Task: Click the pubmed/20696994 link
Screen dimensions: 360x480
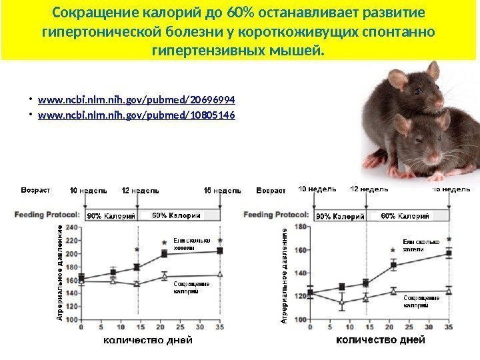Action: coord(137,100)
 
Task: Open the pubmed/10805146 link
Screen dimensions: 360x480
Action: coord(137,115)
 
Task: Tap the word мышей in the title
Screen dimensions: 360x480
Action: coord(303,51)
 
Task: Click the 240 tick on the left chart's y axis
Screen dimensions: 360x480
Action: coord(71,227)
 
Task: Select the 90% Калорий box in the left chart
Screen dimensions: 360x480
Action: coord(110,216)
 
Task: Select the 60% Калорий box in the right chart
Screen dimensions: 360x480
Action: coord(405,216)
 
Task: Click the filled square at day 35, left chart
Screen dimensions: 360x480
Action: coord(220,251)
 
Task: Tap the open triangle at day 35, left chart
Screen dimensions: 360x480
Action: coord(220,274)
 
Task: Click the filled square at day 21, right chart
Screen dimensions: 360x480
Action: coord(393,265)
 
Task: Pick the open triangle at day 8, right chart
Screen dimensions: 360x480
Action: coord(343,303)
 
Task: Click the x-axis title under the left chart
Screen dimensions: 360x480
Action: coord(147,341)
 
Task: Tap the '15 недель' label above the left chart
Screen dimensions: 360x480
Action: coord(222,191)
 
